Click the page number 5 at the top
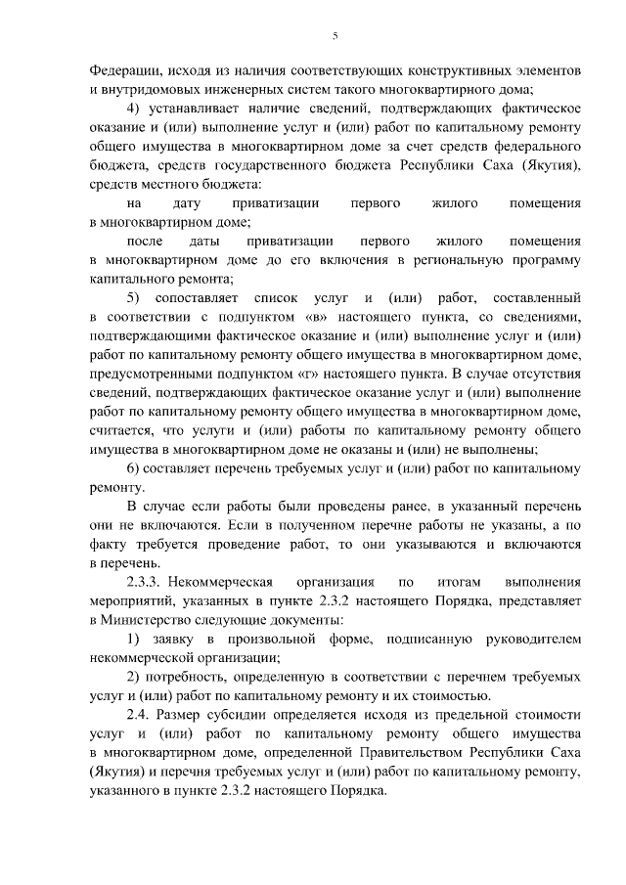tap(334, 36)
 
